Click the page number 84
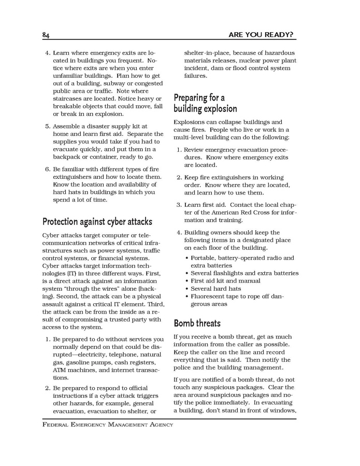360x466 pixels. (46, 35)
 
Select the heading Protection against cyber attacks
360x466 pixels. (97, 222)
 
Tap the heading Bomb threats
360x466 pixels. (197, 323)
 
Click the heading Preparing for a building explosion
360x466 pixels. (205, 103)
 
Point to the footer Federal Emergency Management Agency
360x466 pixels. (108, 425)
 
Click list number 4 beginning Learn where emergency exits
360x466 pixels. (47, 53)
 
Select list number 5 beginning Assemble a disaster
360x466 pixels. (47, 126)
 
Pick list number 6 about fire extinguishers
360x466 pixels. (47, 170)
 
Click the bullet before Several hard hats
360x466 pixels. (187, 289)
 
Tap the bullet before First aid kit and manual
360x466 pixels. (187, 281)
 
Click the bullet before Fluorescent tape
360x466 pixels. (187, 296)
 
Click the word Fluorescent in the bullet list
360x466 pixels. (210, 296)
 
